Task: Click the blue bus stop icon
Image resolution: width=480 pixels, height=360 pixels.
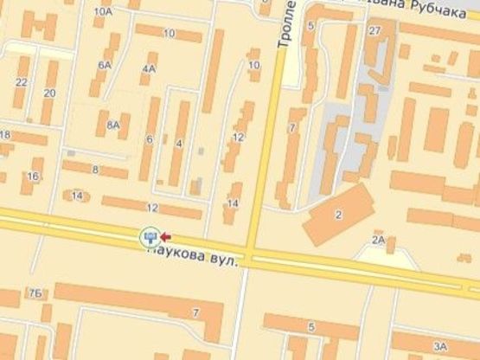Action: pos(150,235)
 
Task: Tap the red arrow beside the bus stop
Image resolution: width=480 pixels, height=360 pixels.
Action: pos(164,235)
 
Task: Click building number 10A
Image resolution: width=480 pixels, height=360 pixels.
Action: pos(104,12)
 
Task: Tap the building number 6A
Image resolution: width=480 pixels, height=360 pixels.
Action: pos(106,65)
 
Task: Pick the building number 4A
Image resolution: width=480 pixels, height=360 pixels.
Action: pos(150,67)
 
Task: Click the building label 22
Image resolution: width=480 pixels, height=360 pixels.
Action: pos(21,82)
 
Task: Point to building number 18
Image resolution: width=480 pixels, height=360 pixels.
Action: pos(5,135)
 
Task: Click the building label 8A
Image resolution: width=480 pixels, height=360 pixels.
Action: pos(113,125)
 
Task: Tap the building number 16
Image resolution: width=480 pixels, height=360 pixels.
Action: pos(33,177)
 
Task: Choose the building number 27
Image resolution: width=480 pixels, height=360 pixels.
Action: pos(374,31)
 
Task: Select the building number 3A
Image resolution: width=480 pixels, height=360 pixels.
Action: pos(439,347)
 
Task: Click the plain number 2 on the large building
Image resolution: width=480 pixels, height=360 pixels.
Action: pos(338,214)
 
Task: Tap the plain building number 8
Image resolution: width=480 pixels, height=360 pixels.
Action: pos(95,170)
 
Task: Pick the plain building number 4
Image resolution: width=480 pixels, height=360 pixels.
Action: pos(179,143)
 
